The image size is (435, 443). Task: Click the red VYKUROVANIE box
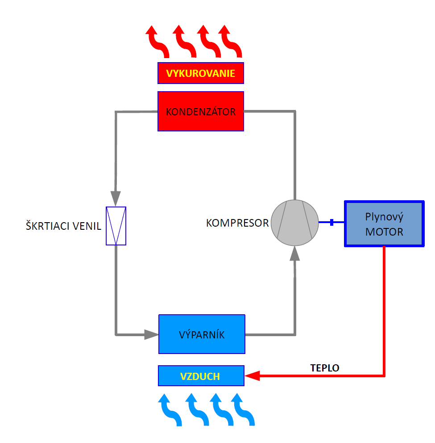[x=201, y=73]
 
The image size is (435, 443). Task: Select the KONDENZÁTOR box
[x=201, y=111]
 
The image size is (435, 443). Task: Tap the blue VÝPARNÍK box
[x=202, y=334]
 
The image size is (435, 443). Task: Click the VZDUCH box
[x=201, y=376]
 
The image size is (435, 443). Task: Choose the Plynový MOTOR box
[x=384, y=224]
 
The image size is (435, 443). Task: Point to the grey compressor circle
[x=295, y=222]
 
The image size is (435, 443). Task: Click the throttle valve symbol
[x=116, y=226]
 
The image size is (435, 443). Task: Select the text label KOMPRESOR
[x=237, y=223]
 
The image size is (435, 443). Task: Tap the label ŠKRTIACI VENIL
[x=63, y=226]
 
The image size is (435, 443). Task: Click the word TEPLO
[x=325, y=368]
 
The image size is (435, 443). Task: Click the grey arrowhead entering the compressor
[x=295, y=254]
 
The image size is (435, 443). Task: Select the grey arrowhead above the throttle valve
[x=116, y=196]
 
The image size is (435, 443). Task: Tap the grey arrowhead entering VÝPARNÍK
[x=151, y=334]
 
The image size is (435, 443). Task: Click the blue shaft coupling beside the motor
[x=331, y=222]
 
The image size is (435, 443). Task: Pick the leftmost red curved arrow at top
[x=157, y=42]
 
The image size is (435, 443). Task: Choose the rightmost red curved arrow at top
[x=231, y=42]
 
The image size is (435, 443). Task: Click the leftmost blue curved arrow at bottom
[x=170, y=409]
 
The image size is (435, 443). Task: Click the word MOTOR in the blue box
[x=384, y=232]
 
